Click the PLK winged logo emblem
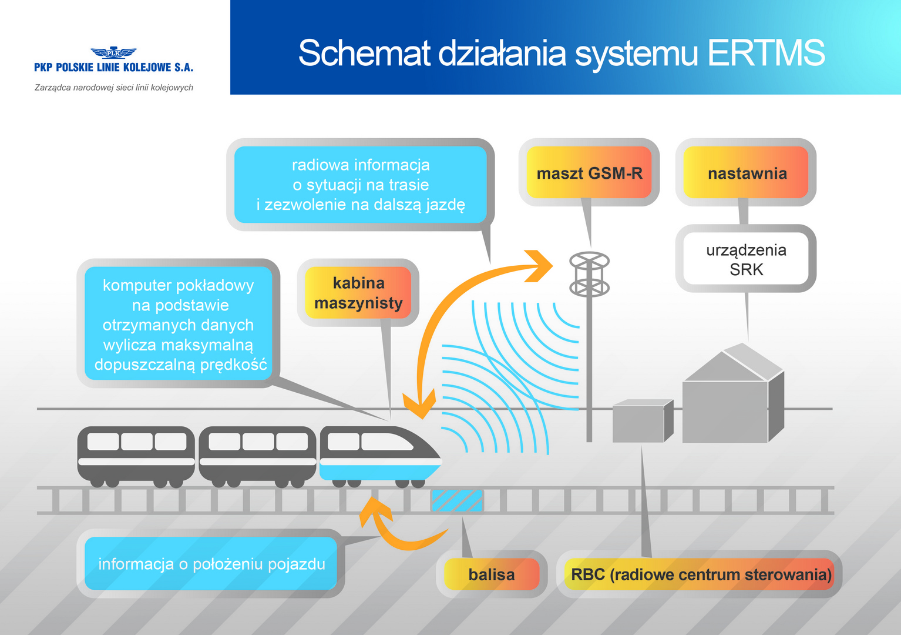coord(113,53)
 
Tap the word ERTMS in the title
coord(766,53)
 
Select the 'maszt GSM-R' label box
coord(589,173)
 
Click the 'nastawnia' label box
coord(747,173)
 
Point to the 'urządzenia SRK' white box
coord(746,259)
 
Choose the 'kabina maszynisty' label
coord(358,293)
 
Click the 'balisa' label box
coord(492,574)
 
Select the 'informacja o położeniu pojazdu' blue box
coord(211,564)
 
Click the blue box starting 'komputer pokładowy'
coord(179,325)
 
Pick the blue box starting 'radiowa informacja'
coord(361,185)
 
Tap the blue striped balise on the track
coord(457,500)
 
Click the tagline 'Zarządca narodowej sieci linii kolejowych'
coord(114,88)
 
